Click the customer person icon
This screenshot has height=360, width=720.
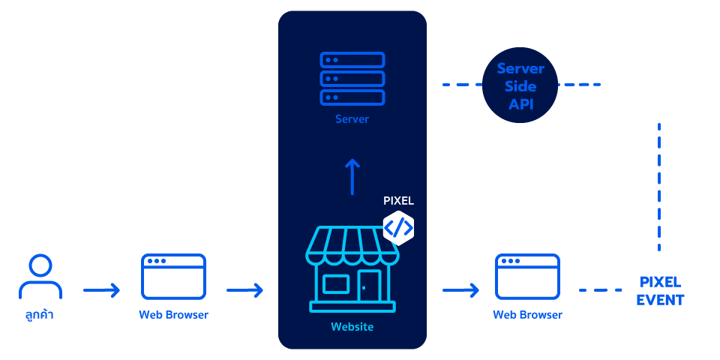point(40,277)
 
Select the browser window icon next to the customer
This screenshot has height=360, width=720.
point(173,277)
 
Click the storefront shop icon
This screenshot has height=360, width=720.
point(352,270)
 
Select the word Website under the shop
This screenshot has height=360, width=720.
point(352,327)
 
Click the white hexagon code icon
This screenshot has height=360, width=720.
point(398,227)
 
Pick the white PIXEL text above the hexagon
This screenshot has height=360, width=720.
point(398,201)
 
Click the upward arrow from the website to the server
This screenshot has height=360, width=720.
point(352,177)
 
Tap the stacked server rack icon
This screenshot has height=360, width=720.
point(352,79)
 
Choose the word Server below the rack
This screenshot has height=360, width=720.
point(352,119)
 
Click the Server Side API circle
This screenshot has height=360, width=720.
point(520,85)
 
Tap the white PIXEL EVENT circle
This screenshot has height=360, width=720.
point(660,291)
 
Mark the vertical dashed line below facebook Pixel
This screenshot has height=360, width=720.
point(659,187)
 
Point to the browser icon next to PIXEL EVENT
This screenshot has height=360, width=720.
point(527,277)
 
